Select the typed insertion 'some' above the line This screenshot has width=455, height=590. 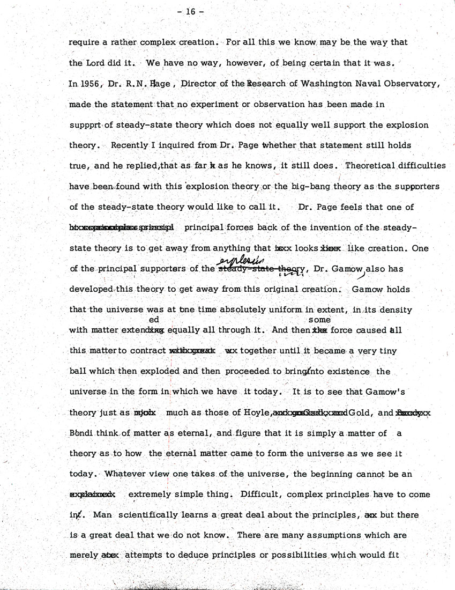click(x=319, y=320)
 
